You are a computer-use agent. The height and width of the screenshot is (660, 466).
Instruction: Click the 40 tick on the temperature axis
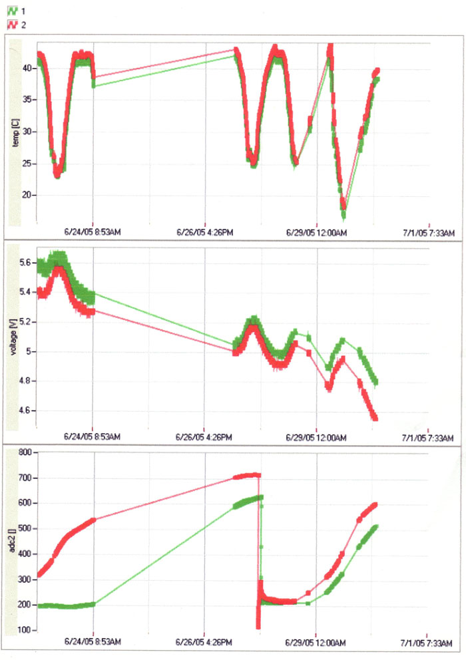(29, 68)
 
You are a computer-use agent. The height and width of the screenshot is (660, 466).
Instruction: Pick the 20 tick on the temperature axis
(29, 195)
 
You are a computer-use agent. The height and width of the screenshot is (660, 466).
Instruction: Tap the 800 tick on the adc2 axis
(26, 452)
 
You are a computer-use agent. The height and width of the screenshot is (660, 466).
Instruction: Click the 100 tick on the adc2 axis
(26, 629)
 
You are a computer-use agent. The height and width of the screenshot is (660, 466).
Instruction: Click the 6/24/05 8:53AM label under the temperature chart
(93, 232)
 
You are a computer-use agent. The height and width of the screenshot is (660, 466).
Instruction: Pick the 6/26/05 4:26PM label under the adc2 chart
(204, 644)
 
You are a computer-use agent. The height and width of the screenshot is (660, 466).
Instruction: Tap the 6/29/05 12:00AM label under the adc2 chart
(316, 644)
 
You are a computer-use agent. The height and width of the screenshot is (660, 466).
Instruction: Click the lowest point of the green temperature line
(344, 216)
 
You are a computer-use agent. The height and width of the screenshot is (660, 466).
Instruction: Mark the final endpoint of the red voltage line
(375, 418)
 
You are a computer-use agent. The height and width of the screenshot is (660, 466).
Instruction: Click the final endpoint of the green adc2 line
(376, 527)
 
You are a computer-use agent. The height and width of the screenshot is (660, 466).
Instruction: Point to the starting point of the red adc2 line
(39, 574)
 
